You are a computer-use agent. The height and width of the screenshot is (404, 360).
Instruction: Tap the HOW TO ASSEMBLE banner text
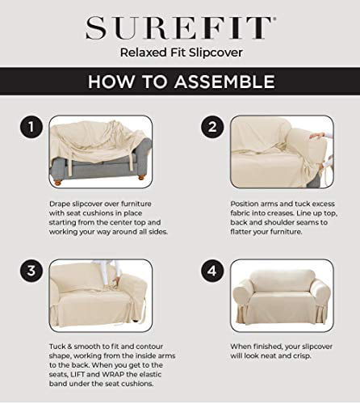pos(179,82)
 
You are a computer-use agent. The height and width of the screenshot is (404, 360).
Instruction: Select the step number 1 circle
pos(30,127)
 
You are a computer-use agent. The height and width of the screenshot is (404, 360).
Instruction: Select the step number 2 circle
pos(212,127)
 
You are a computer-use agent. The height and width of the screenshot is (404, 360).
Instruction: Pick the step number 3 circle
pos(30,270)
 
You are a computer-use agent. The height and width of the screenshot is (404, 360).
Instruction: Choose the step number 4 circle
pos(212,270)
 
